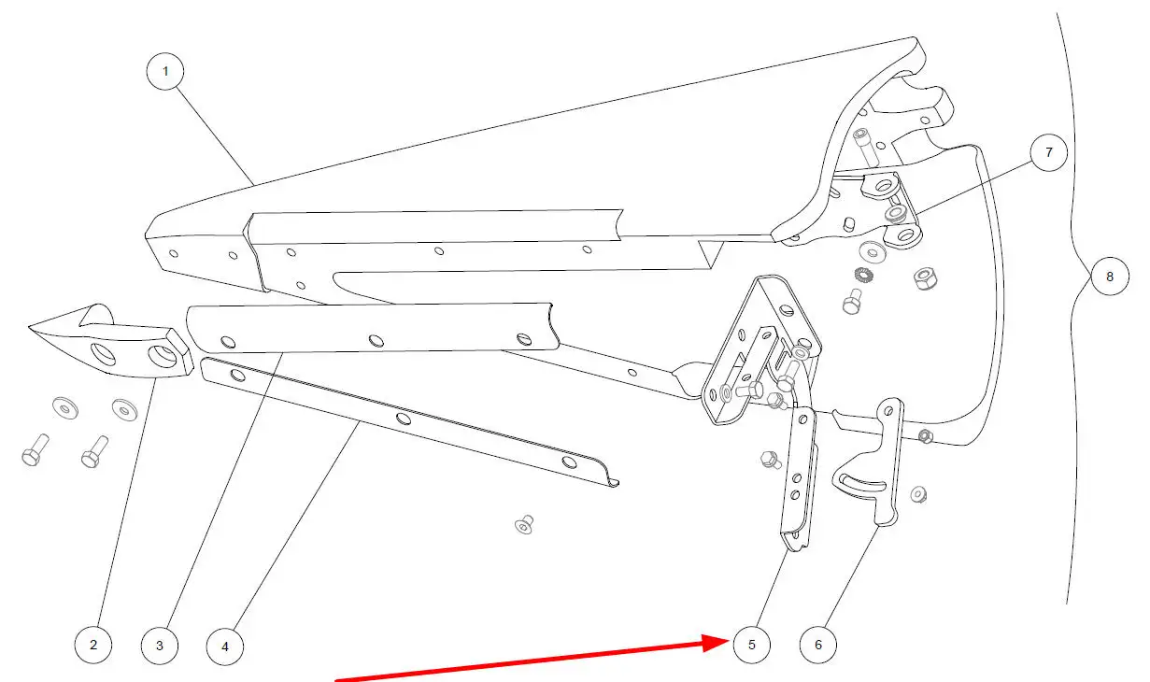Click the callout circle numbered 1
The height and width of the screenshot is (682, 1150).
pos(164,71)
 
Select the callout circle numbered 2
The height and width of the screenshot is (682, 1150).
pos(92,645)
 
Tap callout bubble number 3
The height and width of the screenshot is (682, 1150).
pos(159,646)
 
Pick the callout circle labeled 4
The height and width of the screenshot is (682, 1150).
pos(225,646)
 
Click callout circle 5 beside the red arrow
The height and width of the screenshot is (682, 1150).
pos(752,645)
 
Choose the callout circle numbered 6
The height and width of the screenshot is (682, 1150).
pos(818,645)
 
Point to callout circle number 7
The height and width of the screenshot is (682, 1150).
pos(1049,152)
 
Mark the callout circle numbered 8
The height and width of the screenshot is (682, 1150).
pos(1110,277)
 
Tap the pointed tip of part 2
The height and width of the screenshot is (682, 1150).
pos(29,326)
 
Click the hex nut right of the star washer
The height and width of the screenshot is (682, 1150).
pos(927,278)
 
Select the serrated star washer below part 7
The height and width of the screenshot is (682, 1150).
pos(864,275)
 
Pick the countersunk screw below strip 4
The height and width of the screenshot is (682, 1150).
pos(524,525)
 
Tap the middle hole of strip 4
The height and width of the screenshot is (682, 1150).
pos(404,419)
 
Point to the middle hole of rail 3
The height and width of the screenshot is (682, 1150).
pos(376,341)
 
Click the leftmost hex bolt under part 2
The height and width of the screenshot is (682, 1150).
pos(35,450)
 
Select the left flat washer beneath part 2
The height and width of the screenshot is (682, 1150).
pos(65,407)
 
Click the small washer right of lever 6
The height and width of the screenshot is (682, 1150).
pos(918,494)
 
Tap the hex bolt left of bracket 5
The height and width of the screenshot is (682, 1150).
pos(771,460)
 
